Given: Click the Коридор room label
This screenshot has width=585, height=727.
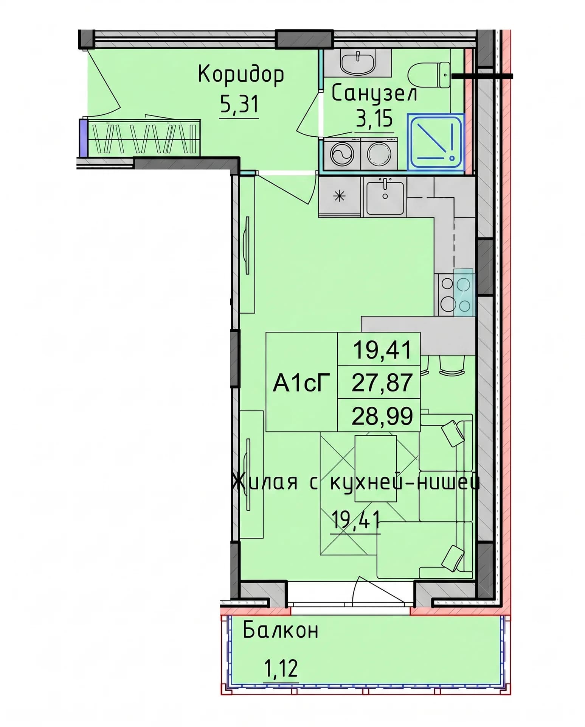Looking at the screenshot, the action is pos(241,75).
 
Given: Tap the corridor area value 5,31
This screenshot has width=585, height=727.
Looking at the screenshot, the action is pos(239,104).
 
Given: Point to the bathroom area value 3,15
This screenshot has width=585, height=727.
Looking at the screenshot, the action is pos(374,119).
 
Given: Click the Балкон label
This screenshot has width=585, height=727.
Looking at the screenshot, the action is pos(280,630).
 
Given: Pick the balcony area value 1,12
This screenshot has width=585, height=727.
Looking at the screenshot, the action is pos(280,668).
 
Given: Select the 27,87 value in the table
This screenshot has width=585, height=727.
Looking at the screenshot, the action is pos(382,382).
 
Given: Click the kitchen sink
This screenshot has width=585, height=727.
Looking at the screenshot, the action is pos(385,197).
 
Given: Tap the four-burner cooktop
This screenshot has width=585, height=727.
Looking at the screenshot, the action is pos(456,295).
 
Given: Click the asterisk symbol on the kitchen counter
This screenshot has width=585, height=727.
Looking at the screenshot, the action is pos(339,196).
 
